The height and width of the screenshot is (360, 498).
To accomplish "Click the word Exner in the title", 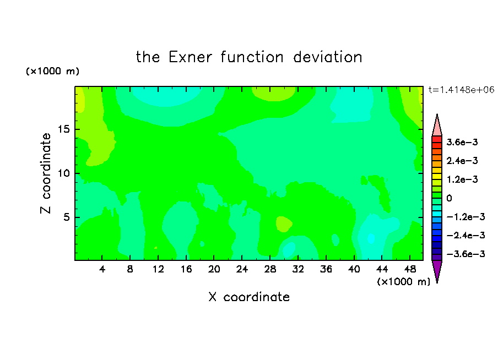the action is click(x=190, y=57).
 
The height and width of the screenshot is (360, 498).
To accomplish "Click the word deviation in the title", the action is click(x=328, y=57).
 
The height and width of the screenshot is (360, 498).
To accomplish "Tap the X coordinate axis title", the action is click(x=249, y=297).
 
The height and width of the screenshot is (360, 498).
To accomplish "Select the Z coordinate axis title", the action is click(x=46, y=173).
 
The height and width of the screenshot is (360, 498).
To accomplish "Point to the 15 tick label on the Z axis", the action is click(x=64, y=129).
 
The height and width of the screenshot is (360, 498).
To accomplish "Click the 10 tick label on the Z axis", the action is click(x=64, y=173).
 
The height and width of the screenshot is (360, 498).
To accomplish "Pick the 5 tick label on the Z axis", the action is click(x=67, y=217).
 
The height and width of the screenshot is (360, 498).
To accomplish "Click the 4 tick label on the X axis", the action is click(x=102, y=269).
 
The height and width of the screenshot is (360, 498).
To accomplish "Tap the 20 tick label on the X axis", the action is click(x=214, y=269).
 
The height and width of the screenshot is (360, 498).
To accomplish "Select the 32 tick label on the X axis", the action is click(x=298, y=269).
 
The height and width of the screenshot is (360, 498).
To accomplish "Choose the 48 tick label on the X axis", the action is click(x=410, y=269).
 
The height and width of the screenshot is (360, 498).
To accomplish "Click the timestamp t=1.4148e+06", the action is click(x=462, y=90).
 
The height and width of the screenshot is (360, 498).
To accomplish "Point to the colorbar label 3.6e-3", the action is click(x=462, y=142).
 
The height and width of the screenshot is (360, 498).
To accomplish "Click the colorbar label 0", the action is click(x=449, y=198).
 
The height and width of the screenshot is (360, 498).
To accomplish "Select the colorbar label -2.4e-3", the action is click(x=465, y=235).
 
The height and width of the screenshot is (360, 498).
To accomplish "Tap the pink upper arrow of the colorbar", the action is click(x=437, y=127).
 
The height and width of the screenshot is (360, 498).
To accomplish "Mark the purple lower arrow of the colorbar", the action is click(x=437, y=270).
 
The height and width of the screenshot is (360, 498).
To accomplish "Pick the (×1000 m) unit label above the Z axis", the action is click(x=52, y=71).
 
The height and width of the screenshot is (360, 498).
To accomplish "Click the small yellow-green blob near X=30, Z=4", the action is click(x=284, y=224).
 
